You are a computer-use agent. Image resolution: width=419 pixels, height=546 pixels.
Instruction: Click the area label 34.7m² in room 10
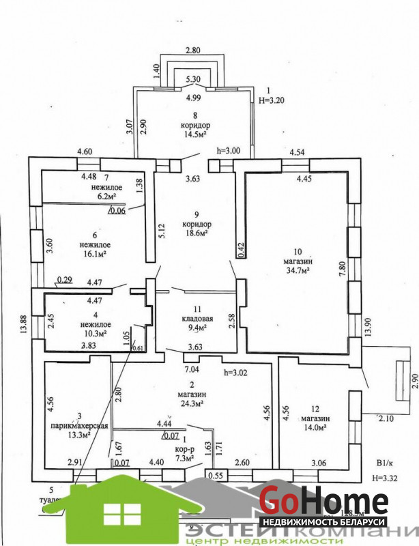pyautogui.click(x=296, y=272)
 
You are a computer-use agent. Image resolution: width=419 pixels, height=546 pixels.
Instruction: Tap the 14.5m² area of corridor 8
pyautogui.click(x=196, y=135)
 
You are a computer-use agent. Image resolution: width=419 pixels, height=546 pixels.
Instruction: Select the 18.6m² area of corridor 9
pyautogui.click(x=196, y=233)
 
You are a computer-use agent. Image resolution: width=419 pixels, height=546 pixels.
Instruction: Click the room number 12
pyautogui.click(x=315, y=408)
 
